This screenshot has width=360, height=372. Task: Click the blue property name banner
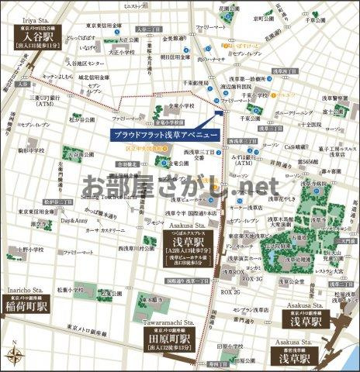pos(164,133)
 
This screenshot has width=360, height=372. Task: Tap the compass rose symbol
pos(15,356)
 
